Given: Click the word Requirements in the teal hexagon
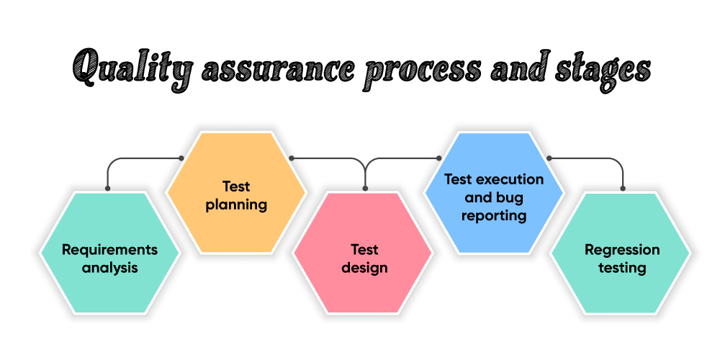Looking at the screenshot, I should (x=109, y=251).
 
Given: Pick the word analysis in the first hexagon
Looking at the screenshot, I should (x=109, y=268).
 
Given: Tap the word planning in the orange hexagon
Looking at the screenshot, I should (x=236, y=204).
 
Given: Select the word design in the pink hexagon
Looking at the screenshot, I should (x=364, y=268).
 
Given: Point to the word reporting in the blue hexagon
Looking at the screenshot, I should (x=494, y=215).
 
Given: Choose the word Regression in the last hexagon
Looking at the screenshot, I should (x=622, y=251).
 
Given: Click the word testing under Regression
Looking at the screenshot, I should (x=622, y=268).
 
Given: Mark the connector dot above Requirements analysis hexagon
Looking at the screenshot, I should (x=107, y=189).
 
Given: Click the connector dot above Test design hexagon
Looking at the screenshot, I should (x=365, y=189).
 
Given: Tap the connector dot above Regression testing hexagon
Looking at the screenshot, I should (x=623, y=189).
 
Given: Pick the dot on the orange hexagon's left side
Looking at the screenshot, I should (x=181, y=158).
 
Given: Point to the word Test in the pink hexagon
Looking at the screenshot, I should (x=364, y=250).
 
